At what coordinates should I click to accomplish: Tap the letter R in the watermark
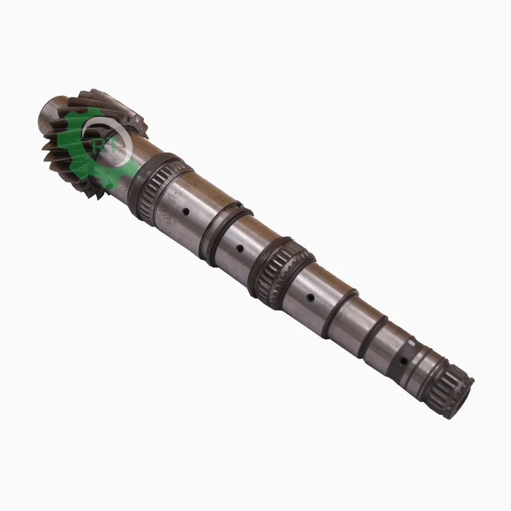click(x=98, y=145)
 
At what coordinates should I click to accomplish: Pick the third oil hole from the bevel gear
click(x=311, y=296)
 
